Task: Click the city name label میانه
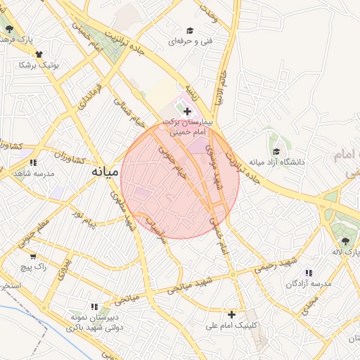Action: (x=104, y=171)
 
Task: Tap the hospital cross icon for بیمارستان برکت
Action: (x=187, y=111)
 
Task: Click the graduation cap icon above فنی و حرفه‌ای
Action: (x=189, y=30)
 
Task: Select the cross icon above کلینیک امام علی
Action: (x=231, y=314)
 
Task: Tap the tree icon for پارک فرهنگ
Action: (x=9, y=30)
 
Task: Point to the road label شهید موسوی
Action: (x=214, y=173)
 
